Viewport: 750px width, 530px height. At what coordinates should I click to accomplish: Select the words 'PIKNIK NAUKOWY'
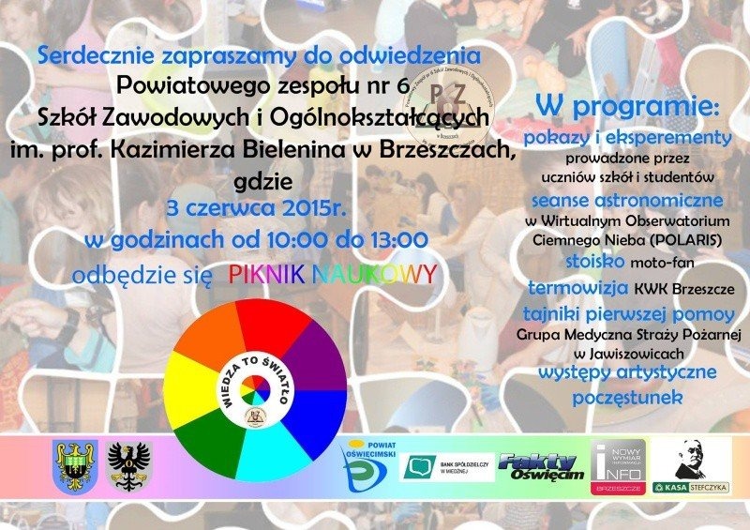[x=332, y=274]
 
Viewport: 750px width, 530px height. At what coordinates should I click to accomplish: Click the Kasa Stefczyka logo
[x=702, y=465]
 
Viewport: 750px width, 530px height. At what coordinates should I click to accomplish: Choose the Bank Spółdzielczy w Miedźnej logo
[x=447, y=466]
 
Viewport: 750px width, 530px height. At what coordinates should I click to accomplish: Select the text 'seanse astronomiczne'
[x=627, y=200]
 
